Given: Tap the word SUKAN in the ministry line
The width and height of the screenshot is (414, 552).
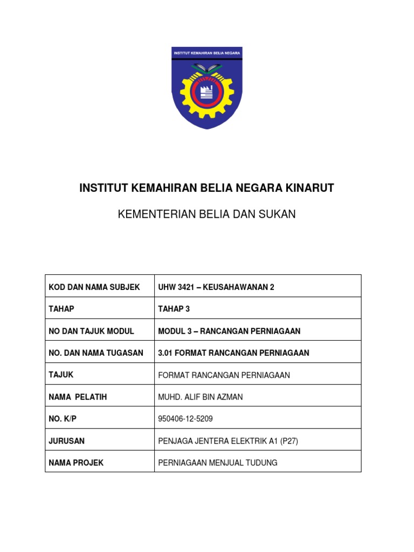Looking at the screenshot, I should (x=278, y=215).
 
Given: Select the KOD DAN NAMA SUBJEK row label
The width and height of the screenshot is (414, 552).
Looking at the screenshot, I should (x=94, y=287).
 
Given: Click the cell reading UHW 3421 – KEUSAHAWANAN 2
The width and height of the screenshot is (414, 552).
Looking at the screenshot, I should (x=216, y=287).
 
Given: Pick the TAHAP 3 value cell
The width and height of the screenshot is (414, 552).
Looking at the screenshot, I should (x=174, y=309).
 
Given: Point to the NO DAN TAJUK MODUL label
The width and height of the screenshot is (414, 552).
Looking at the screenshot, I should (x=91, y=331).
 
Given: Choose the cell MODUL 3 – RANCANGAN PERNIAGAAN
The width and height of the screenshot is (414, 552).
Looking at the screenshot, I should (x=229, y=331).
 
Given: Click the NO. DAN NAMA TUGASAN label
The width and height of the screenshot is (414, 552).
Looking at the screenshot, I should (x=96, y=353).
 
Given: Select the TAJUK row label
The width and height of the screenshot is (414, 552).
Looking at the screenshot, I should (x=61, y=375).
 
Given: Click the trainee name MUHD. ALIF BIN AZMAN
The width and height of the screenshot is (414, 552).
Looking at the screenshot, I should (x=201, y=397).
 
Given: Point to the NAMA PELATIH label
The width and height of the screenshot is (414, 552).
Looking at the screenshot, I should (x=78, y=397).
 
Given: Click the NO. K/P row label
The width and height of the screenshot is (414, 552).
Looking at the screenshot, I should (x=64, y=419).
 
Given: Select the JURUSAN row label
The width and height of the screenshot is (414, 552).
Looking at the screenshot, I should (x=67, y=441).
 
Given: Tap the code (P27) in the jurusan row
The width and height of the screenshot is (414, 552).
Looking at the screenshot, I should (x=288, y=441).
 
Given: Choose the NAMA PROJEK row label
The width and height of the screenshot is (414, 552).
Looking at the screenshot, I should (x=76, y=463).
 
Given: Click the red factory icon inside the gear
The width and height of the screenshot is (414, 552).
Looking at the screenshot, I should (x=207, y=92).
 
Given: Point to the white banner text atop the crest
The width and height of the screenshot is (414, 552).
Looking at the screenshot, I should (x=207, y=52).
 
